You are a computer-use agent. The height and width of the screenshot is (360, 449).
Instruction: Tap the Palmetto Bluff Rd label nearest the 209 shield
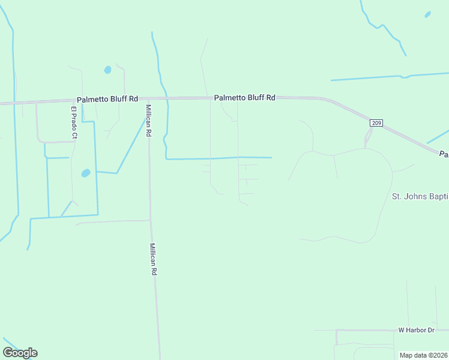(245, 97)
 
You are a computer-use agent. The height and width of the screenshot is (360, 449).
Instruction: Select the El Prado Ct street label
(74, 123)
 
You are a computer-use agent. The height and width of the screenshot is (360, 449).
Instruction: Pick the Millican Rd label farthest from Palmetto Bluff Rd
(154, 259)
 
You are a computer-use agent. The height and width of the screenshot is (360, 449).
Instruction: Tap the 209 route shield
(376, 123)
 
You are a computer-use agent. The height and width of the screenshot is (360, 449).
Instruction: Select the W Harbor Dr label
(416, 330)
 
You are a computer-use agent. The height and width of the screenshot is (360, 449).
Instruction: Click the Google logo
(20, 353)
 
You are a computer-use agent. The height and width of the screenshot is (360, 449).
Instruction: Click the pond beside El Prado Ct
(86, 173)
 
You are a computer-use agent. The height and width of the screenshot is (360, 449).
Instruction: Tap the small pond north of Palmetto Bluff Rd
(107, 70)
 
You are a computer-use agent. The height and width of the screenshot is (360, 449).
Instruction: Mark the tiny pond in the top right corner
(427, 14)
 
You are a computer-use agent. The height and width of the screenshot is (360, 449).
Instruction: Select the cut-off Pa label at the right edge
(444, 154)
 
